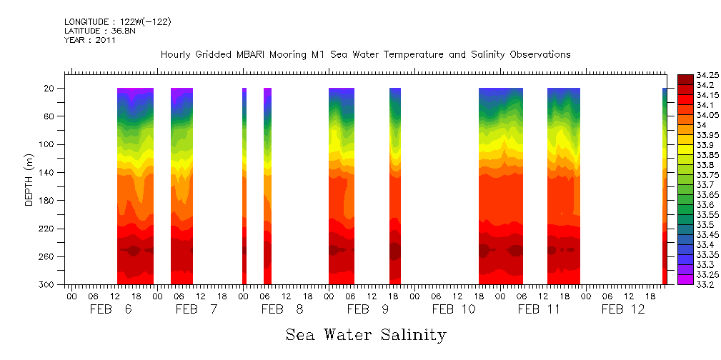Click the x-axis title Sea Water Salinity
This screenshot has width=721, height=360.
point(366,334)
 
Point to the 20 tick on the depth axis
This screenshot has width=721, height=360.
point(49,88)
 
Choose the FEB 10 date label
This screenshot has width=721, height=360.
point(454,309)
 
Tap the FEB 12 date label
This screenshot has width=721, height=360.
point(623,309)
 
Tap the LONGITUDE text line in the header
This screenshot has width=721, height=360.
point(117,22)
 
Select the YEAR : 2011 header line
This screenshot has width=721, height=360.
point(90,40)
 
